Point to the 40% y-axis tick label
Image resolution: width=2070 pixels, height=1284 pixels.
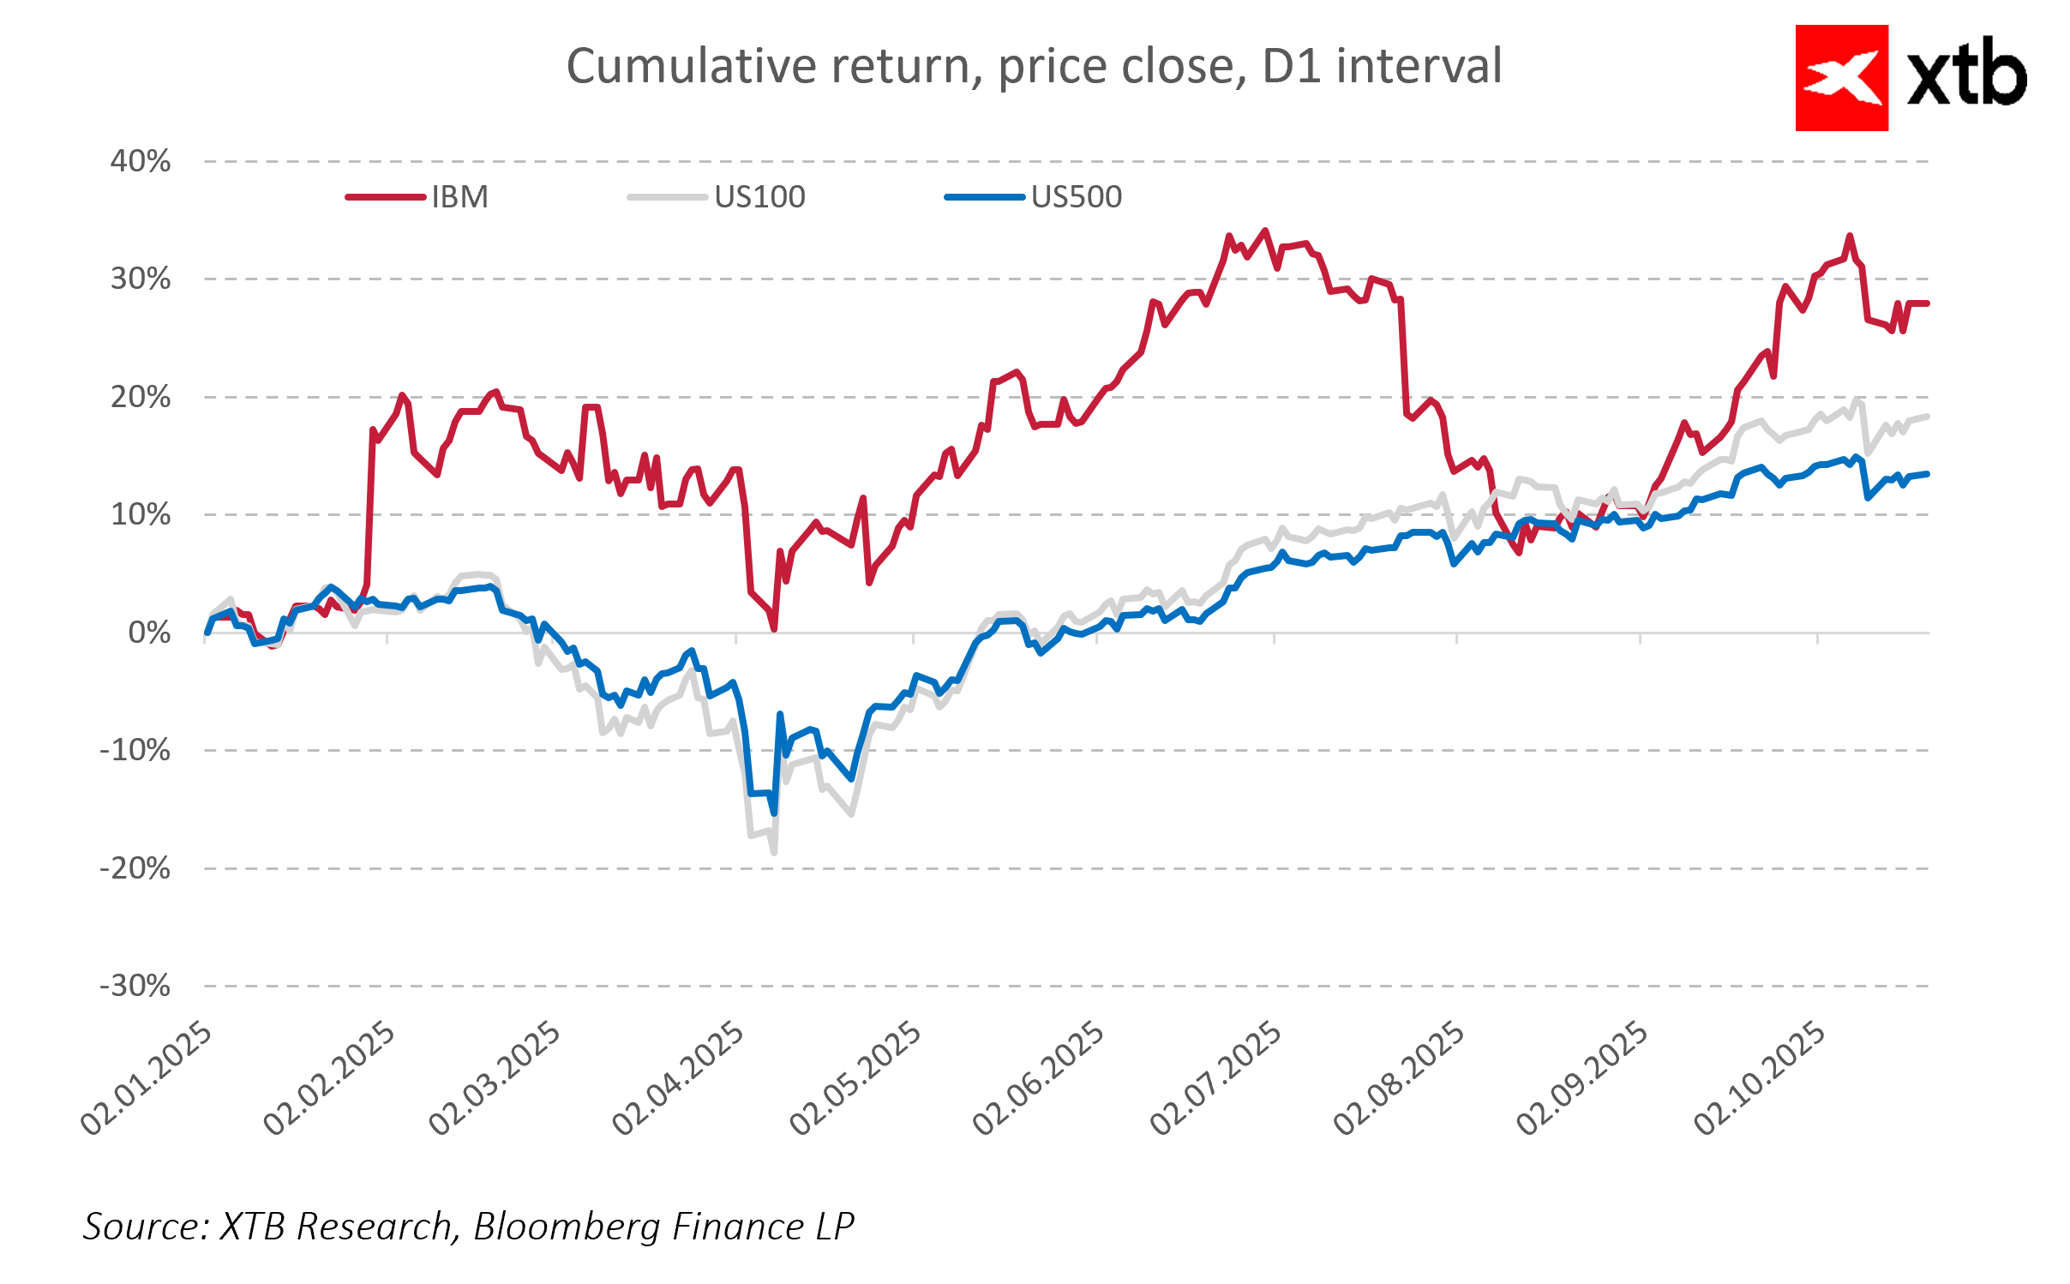coord(141,161)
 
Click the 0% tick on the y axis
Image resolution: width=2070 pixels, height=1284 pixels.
coord(149,633)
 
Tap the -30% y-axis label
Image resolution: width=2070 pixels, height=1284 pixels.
coord(135,986)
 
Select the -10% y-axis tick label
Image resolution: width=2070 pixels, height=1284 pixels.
coord(135,750)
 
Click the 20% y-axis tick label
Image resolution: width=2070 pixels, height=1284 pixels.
coord(141,397)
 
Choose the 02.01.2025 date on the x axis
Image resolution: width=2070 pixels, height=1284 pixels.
coord(147,1078)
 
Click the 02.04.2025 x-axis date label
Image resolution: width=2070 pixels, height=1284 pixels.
coord(679,1078)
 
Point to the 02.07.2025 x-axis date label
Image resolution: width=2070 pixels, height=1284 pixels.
coord(1216,1078)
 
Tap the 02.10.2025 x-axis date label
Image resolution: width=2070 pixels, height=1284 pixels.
coord(1761,1078)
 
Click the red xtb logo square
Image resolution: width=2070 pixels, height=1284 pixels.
coord(1841,78)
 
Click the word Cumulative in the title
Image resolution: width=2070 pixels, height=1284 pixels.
coord(691,66)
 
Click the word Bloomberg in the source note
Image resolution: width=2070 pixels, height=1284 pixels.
coord(566,1227)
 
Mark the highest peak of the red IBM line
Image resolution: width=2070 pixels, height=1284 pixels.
coord(1265,231)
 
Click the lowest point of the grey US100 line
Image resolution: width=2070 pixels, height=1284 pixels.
coord(774,852)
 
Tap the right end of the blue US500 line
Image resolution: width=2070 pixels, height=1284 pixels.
coord(1927,474)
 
